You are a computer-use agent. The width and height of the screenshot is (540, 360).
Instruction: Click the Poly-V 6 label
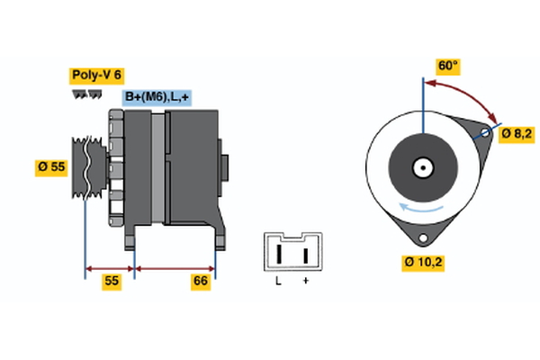click(95, 76)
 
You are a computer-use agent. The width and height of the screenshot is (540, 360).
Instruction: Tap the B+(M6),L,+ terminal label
click(158, 97)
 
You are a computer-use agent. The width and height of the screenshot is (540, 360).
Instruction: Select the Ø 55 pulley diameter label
click(51, 166)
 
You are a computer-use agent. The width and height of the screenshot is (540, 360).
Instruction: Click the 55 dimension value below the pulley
click(111, 282)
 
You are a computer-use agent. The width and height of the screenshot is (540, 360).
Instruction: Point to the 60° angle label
click(447, 66)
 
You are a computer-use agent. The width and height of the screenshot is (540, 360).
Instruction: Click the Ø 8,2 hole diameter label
click(517, 133)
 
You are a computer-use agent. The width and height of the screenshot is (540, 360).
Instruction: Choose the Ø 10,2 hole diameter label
click(423, 263)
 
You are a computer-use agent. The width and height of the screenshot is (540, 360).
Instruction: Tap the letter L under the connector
click(279, 282)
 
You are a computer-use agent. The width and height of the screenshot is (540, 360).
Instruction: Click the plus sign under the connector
click(306, 282)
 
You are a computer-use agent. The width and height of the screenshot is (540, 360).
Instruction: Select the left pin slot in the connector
click(279, 254)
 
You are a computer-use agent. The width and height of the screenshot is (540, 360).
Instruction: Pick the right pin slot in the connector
click(306, 254)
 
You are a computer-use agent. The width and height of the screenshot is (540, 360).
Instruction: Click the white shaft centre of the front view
click(421, 167)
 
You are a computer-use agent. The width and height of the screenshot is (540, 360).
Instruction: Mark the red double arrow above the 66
click(175, 267)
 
